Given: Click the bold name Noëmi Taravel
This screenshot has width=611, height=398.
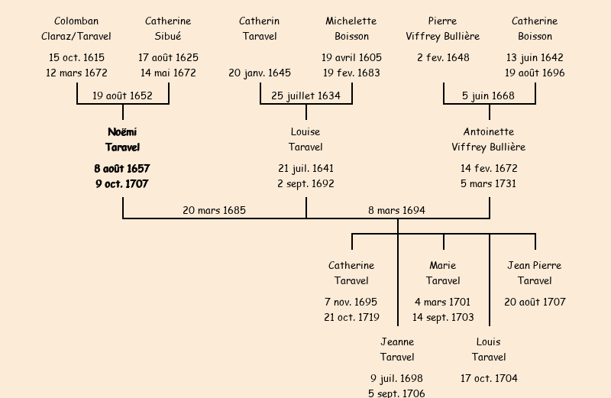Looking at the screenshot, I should pos(122,139).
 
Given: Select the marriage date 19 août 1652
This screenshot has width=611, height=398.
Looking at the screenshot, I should pos(122,95).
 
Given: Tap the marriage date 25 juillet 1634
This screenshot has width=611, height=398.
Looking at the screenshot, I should pos(305,95).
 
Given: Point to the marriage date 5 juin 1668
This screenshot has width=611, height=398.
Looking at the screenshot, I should pos(488,95).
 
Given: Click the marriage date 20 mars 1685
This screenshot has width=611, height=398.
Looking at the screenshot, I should pos(214,210).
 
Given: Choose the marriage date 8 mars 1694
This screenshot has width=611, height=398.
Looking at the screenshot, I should pos(396,210).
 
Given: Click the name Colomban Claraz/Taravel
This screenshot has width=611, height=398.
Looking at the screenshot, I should pos(76,28).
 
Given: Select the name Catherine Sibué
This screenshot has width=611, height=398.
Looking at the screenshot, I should pos(168,28).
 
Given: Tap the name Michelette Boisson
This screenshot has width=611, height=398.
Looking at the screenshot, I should pos(351,28).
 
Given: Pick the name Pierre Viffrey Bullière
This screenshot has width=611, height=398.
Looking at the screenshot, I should pos(443,28).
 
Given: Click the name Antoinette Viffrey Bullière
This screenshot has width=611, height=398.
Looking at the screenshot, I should pos(489,139).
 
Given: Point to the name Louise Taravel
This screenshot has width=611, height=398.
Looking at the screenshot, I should pos(305,139).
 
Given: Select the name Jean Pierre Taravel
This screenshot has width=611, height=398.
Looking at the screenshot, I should pos(535,273).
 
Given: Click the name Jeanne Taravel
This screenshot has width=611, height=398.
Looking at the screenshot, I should pos(397,349).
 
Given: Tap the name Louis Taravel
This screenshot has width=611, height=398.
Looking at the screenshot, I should pos(489,349).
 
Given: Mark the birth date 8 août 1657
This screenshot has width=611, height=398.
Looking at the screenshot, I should pos(122,168).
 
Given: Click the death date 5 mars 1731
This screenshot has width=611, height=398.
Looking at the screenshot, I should pos(489,183).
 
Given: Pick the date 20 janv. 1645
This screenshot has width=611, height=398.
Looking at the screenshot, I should pos(260,73).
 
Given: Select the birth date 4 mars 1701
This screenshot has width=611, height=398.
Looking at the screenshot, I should pos(443,302).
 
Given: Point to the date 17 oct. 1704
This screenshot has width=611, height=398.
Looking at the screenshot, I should pos(489,378).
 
